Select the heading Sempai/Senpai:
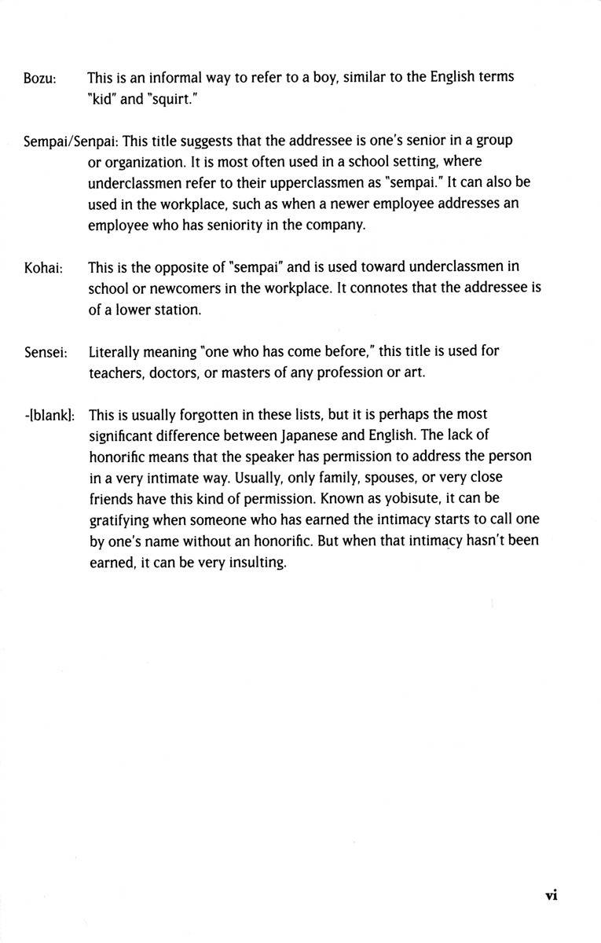pos(71,141)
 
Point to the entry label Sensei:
pos(45,352)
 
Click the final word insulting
pos(251,562)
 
